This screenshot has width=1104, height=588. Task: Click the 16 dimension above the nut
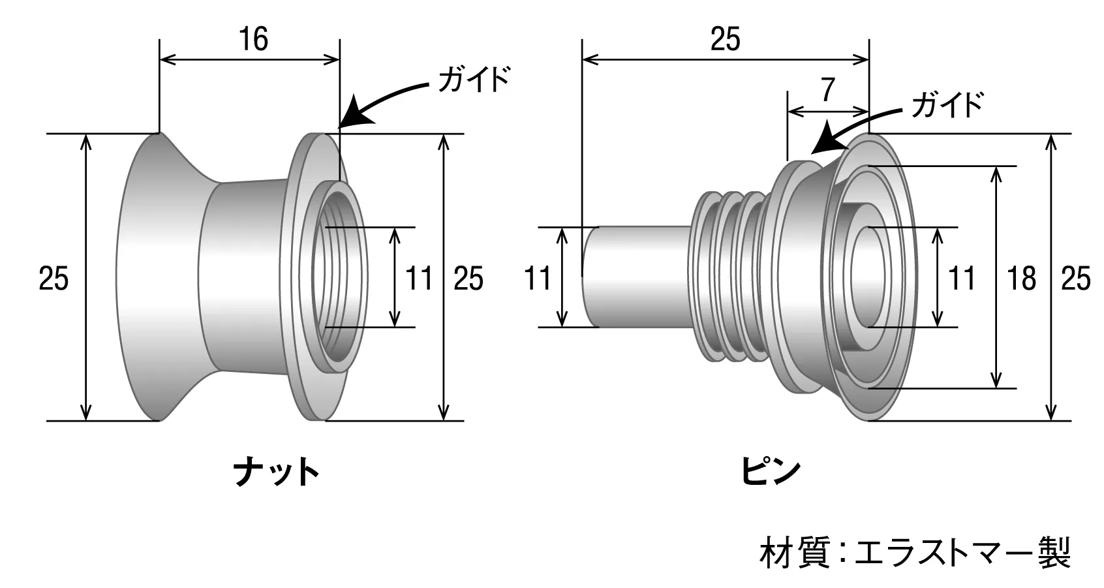click(x=253, y=39)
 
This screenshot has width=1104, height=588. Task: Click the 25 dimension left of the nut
click(x=54, y=279)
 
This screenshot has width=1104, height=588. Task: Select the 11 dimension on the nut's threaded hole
click(x=418, y=279)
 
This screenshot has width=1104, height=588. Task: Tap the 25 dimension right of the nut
click(x=468, y=279)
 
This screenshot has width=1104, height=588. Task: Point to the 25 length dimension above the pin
click(x=725, y=39)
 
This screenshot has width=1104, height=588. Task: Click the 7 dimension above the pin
click(x=828, y=90)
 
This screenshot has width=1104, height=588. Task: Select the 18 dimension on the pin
click(x=1021, y=279)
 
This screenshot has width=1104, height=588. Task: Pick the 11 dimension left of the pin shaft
click(x=538, y=279)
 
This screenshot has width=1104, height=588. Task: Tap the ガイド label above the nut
click(x=473, y=80)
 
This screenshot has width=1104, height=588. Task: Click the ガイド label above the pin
click(x=947, y=104)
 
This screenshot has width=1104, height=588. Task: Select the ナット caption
click(x=277, y=472)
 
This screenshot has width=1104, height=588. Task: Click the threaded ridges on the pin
click(x=731, y=277)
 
